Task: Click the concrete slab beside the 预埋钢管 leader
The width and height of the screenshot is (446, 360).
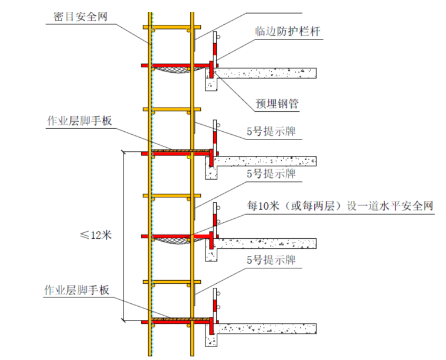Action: point(266,73)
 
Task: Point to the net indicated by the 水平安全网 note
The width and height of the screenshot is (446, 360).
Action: point(172,241)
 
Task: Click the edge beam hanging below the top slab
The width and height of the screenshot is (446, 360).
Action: point(211,83)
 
